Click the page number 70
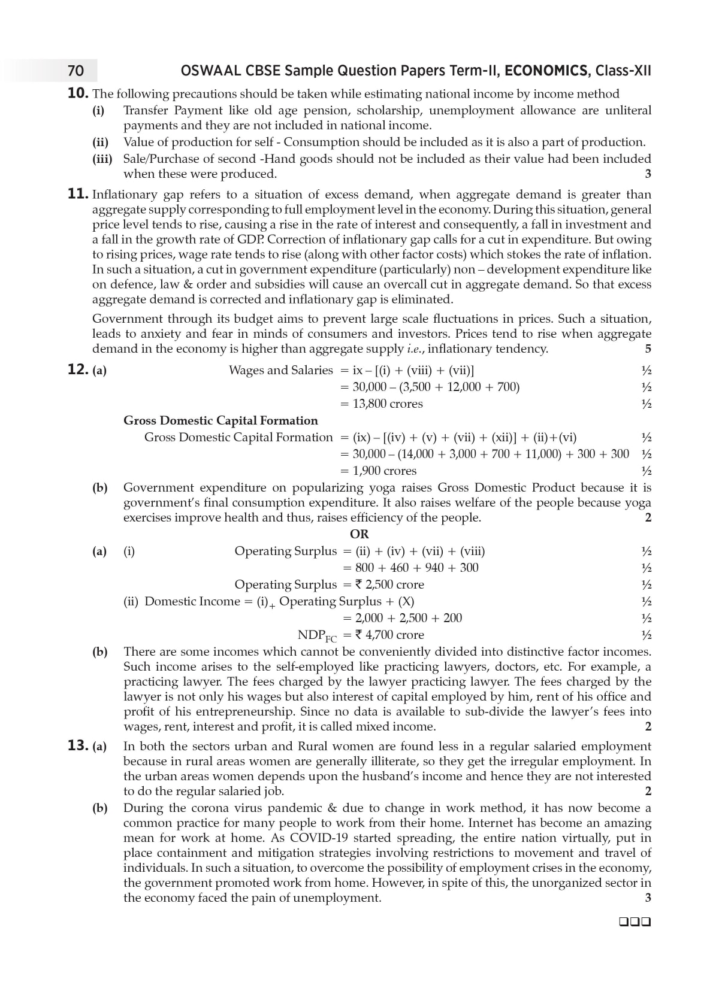point(76,71)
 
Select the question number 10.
point(78,93)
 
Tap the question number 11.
point(78,194)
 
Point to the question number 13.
point(78,746)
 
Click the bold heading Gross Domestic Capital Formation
point(220,420)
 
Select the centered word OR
point(359,534)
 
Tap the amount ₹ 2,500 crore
point(389,584)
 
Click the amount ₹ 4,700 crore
point(389,635)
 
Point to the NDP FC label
point(317,635)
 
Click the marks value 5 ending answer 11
point(648,348)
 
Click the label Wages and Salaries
point(280,370)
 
